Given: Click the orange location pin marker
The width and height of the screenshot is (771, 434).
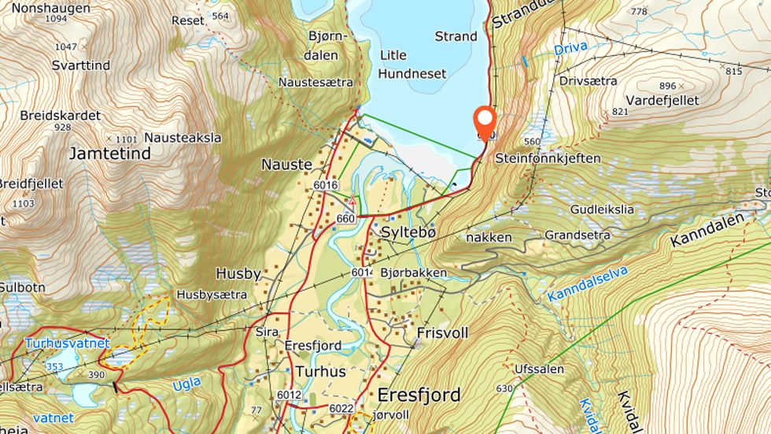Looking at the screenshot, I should pyautogui.click(x=485, y=122).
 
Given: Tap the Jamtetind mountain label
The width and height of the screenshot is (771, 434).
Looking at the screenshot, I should pyautogui.click(x=109, y=154).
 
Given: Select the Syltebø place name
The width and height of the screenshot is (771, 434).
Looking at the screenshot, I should pyautogui.click(x=408, y=233).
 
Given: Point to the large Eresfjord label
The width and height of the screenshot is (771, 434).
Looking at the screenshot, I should pyautogui.click(x=418, y=394).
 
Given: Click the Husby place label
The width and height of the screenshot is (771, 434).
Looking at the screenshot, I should pyautogui.click(x=238, y=274).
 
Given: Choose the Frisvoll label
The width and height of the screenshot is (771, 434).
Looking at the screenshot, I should pyautogui.click(x=443, y=332).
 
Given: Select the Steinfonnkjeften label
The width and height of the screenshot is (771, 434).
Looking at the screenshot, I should pyautogui.click(x=548, y=158).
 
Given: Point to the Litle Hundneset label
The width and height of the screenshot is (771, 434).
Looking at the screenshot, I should pyautogui.click(x=412, y=65).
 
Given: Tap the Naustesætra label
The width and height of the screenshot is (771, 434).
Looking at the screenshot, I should pyautogui.click(x=315, y=82).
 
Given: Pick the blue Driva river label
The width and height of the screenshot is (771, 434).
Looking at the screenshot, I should pyautogui.click(x=570, y=49).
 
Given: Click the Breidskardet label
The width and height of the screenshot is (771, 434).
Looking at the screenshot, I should pyautogui.click(x=61, y=115).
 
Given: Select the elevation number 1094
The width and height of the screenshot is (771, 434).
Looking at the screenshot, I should pyautogui.click(x=56, y=18).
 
